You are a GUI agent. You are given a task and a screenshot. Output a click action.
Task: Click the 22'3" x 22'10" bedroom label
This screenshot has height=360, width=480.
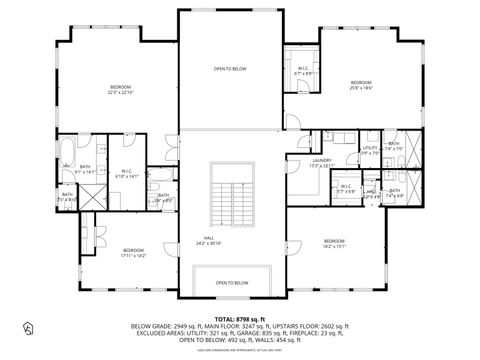[x=121, y=90]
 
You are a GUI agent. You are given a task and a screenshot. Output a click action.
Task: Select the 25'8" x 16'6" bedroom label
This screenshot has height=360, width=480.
[x=361, y=85]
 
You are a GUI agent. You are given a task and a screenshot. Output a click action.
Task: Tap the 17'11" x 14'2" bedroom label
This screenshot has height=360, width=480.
[x=134, y=253]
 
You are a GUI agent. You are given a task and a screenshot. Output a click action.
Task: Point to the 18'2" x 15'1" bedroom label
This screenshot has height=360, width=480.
[x=334, y=243]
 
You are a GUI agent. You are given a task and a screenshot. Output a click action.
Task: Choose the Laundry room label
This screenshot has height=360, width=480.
[x=321, y=163]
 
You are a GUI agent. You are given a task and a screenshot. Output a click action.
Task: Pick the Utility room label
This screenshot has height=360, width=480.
[x=370, y=150]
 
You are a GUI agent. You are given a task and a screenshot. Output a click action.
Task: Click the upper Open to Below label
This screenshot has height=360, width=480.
[x=230, y=69]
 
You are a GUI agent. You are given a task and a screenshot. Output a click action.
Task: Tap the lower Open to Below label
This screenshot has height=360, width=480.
[x=231, y=283]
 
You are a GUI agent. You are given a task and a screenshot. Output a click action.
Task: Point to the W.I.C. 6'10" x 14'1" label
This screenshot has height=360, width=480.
[x=125, y=172]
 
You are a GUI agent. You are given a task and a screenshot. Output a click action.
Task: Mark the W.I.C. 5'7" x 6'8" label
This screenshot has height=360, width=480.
[x=345, y=188]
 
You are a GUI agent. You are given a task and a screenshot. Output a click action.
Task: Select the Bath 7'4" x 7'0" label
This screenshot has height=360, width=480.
[x=394, y=146]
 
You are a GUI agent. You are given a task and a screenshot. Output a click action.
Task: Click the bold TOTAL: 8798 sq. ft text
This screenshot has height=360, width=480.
[x=239, y=318]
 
